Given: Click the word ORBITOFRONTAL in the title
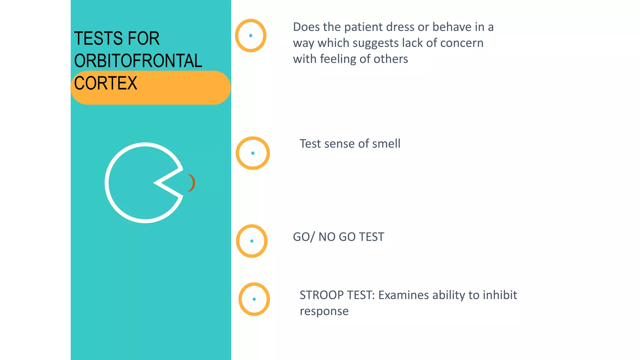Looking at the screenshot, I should pyautogui.click(x=138, y=61).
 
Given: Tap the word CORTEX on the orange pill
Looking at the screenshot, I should pyautogui.click(x=106, y=83).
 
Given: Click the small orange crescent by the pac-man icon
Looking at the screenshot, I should pyautogui.click(x=191, y=183).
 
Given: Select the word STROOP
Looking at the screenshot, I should pyautogui.click(x=322, y=295).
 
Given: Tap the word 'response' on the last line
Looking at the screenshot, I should pyautogui.click(x=324, y=311).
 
